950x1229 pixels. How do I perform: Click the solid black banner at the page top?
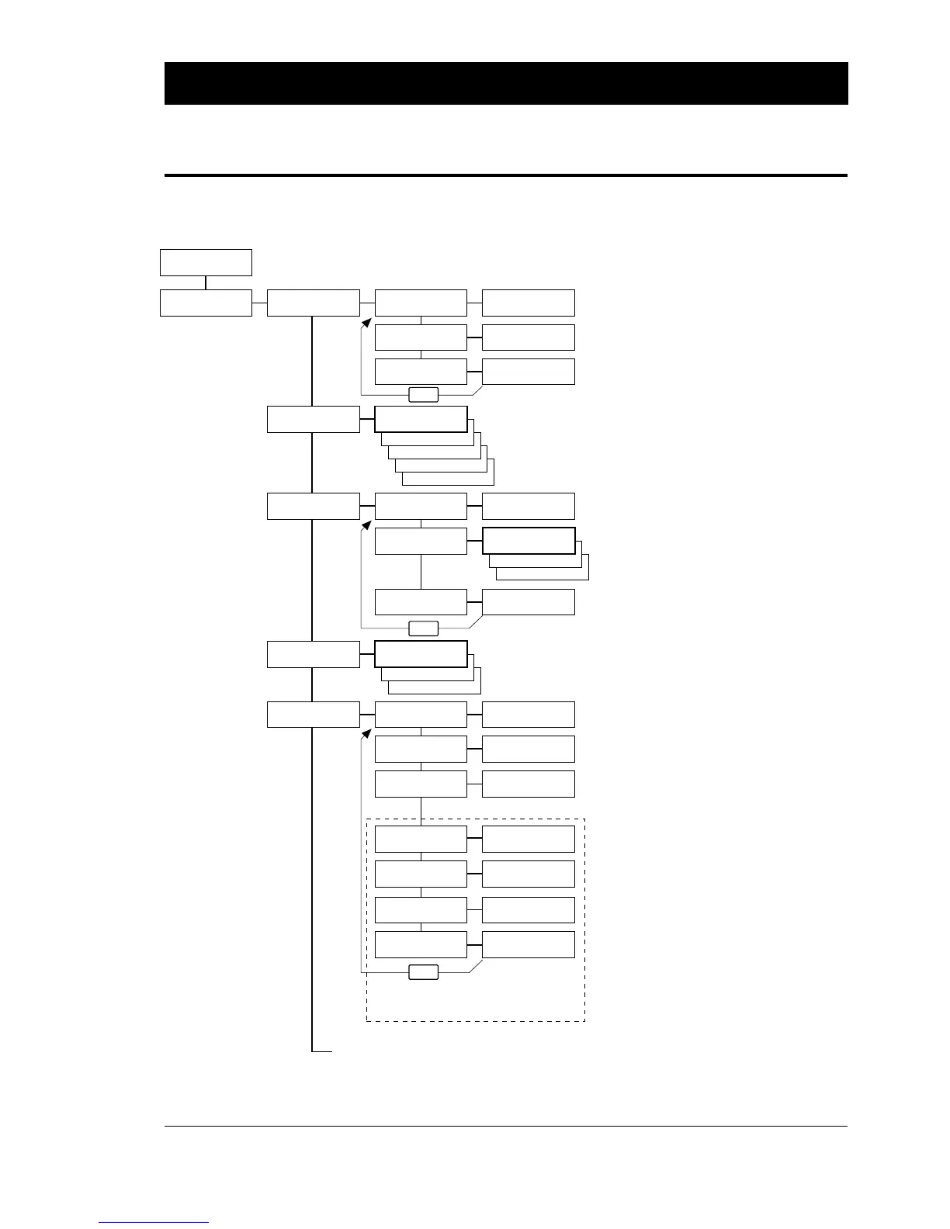505,83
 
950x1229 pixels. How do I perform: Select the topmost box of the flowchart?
206,262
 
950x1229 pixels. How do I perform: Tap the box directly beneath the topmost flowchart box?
206,303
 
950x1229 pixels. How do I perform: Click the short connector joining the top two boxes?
206,282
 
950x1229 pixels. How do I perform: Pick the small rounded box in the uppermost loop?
423,394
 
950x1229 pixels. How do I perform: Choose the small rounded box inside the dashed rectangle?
423,972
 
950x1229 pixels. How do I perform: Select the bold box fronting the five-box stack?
421,419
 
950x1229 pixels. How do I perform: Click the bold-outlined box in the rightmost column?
529,540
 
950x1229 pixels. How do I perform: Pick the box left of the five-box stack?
314,419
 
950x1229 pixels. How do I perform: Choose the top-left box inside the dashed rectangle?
421,840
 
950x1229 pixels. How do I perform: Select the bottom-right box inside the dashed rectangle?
529,944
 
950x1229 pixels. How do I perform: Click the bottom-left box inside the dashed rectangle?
421,944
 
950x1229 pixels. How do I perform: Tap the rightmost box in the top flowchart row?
529,303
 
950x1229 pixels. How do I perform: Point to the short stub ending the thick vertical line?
322,1052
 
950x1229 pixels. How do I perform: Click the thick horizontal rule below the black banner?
505,175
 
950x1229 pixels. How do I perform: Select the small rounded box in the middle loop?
423,628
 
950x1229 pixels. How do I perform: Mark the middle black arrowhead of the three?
367,527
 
